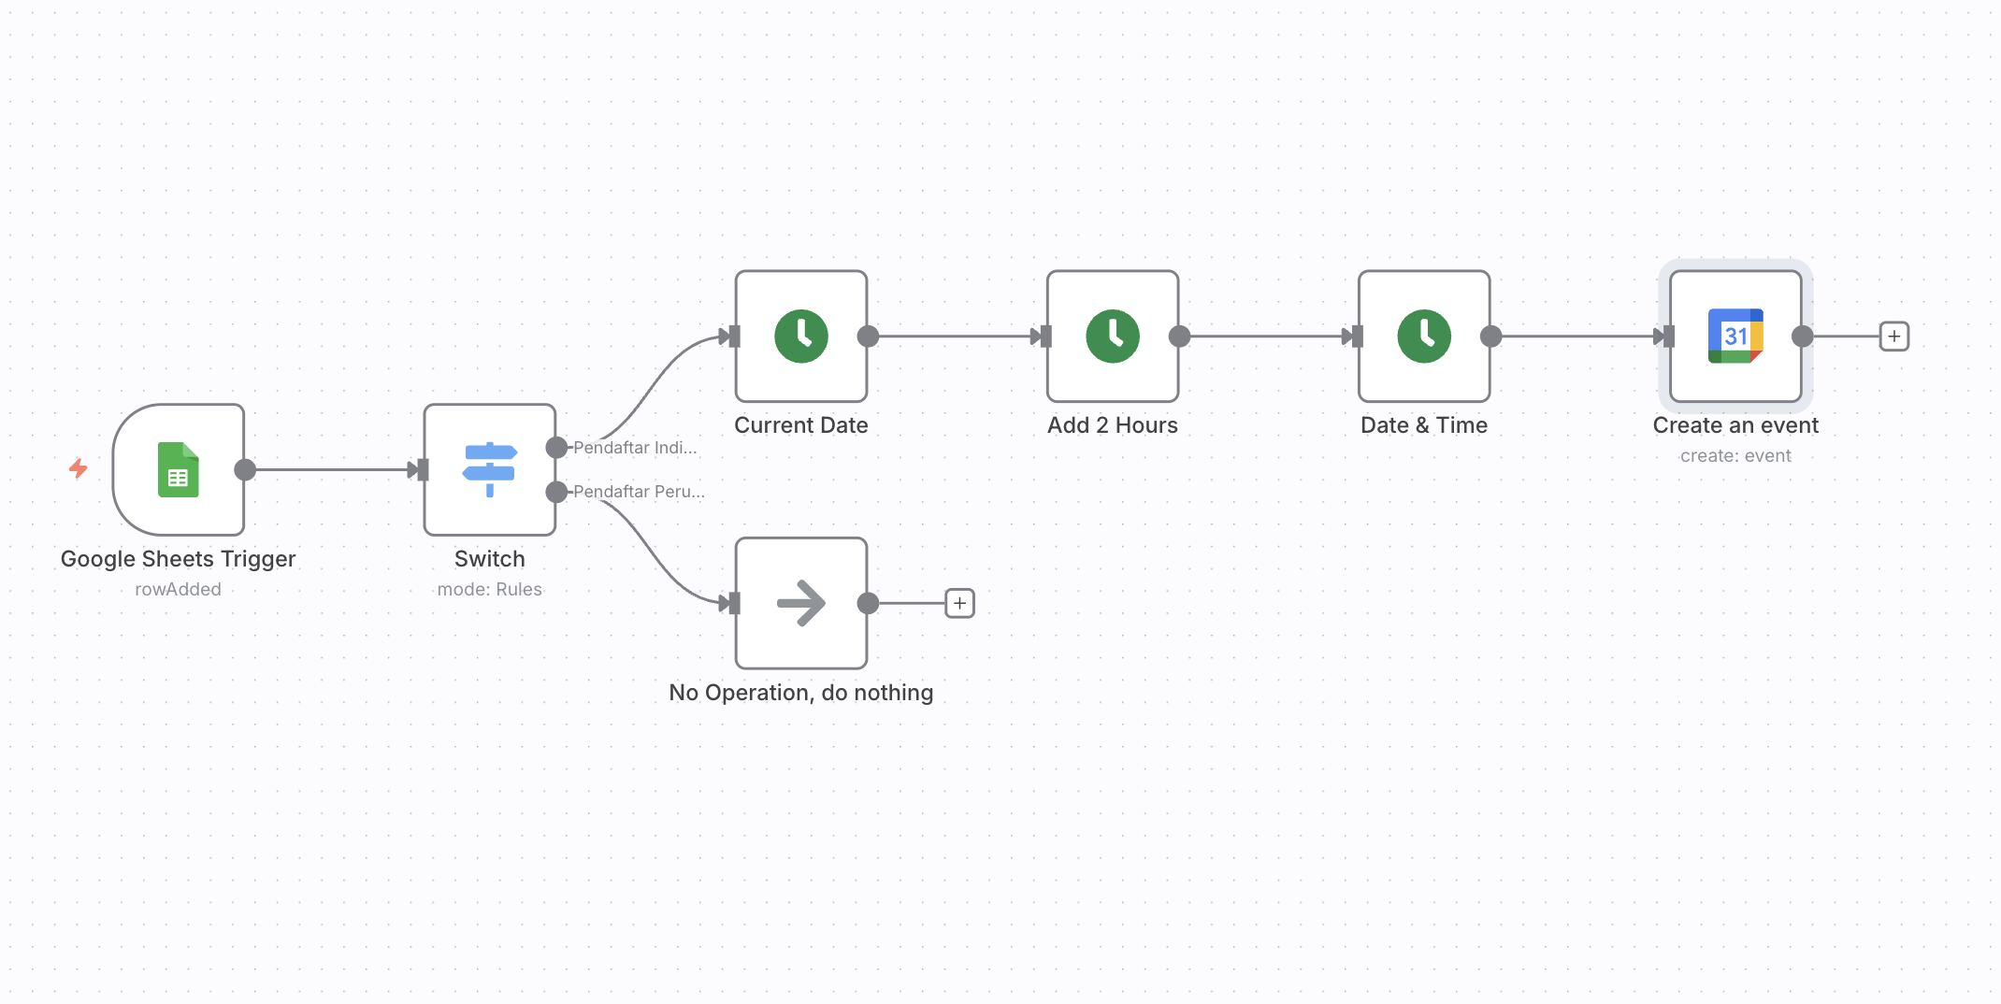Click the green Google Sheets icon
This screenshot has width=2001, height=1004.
click(x=178, y=469)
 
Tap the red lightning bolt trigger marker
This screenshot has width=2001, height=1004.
click(x=79, y=468)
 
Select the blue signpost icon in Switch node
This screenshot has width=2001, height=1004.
click(x=489, y=469)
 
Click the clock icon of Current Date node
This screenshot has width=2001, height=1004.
click(x=801, y=337)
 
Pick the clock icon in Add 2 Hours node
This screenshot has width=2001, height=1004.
click(x=1113, y=337)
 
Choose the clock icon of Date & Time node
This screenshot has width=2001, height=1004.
click(x=1424, y=337)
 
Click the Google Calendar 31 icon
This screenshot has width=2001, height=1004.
click(x=1735, y=337)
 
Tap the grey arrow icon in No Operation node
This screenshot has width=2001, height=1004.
click(x=801, y=603)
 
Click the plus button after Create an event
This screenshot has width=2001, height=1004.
click(x=1893, y=337)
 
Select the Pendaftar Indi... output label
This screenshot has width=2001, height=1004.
click(x=635, y=448)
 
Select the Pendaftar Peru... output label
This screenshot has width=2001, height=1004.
click(x=639, y=492)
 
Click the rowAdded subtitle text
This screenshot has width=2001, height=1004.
click(x=178, y=590)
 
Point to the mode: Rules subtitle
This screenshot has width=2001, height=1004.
click(x=489, y=590)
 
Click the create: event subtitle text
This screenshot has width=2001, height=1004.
click(x=1735, y=456)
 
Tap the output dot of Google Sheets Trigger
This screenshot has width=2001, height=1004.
click(x=245, y=469)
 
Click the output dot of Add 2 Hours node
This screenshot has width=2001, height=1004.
click(x=1179, y=337)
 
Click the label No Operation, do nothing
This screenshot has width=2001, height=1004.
click(x=801, y=693)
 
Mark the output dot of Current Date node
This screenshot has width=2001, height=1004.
click(x=868, y=337)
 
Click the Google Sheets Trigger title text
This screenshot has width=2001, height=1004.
click(x=178, y=559)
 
